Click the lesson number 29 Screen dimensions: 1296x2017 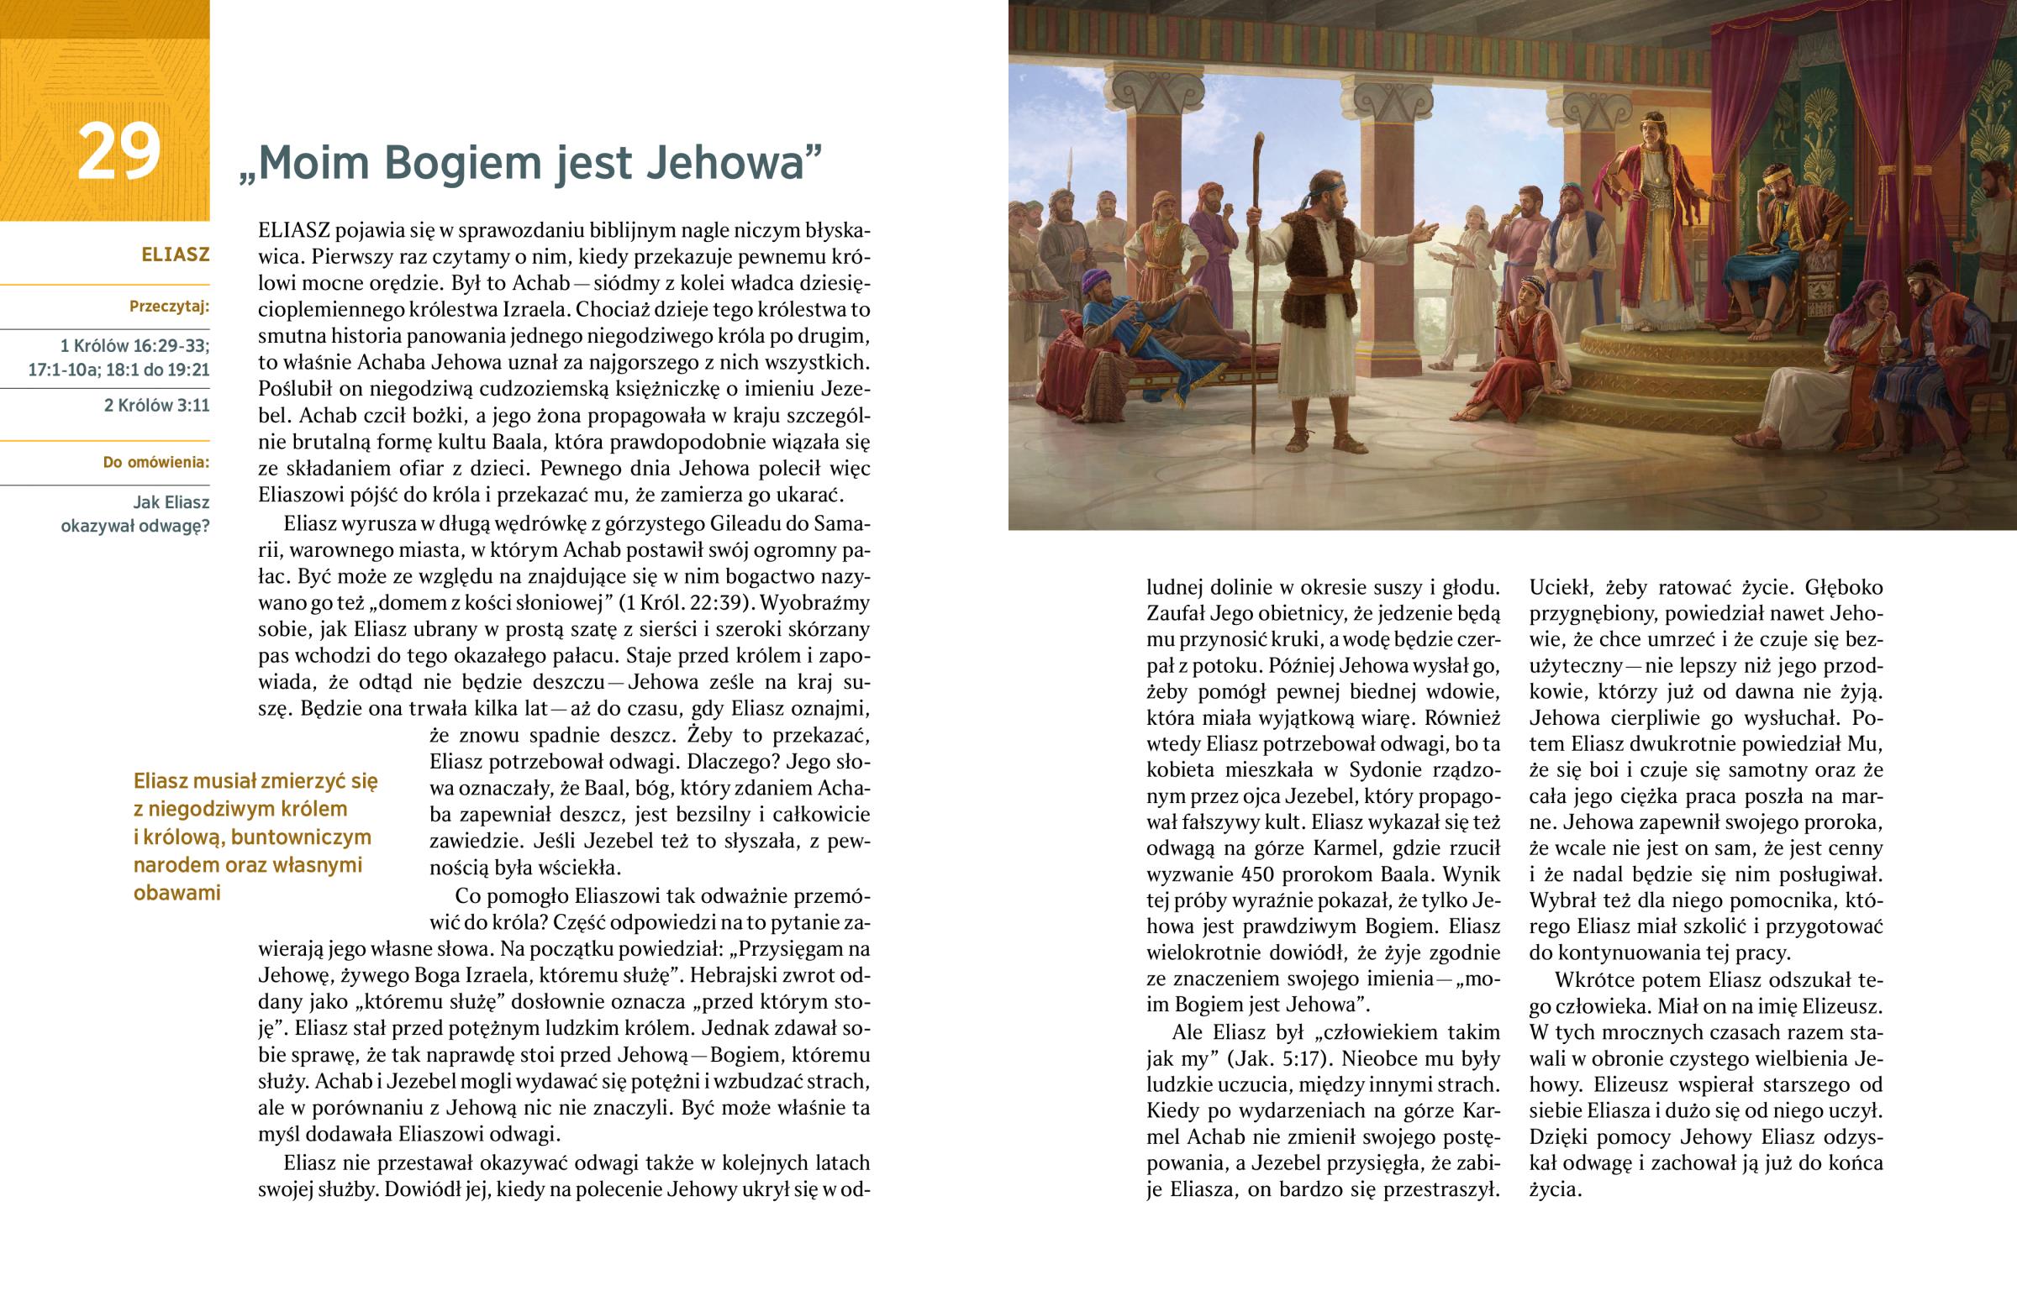pyautogui.click(x=118, y=151)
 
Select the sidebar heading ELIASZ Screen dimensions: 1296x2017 pyautogui.click(x=175, y=254)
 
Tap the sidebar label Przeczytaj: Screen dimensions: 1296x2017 pyautogui.click(x=169, y=307)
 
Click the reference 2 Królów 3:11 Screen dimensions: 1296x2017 pyautogui.click(x=156, y=406)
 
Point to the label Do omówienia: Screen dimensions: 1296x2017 pyautogui.click(x=155, y=462)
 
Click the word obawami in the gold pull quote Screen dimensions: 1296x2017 pyautogui.click(x=176, y=893)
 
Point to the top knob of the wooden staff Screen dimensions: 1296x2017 pyautogui.click(x=1259, y=139)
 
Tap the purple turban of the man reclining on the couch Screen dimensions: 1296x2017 pyautogui.click(x=1094, y=278)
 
